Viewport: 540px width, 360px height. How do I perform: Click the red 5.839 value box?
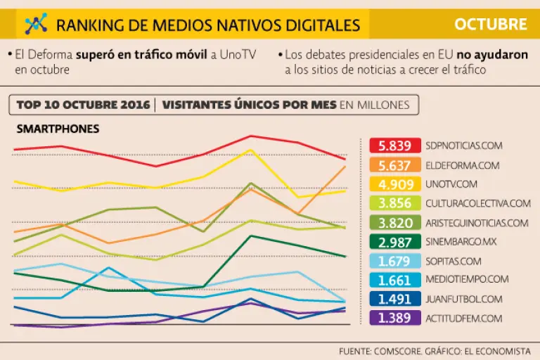(x=395, y=146)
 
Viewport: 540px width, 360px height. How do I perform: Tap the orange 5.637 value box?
(x=395, y=165)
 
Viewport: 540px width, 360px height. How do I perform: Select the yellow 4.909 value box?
(x=395, y=184)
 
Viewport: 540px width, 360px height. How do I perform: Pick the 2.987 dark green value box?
(x=395, y=242)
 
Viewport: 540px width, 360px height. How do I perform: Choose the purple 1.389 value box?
(x=395, y=318)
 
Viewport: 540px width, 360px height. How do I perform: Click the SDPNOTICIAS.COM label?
(x=464, y=146)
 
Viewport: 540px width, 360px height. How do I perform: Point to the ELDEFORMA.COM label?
(x=462, y=165)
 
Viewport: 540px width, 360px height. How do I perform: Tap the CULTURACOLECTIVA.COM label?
(x=477, y=203)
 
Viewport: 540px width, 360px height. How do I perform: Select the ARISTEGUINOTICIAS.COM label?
(x=476, y=223)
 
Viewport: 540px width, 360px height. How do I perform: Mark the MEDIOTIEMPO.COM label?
(x=466, y=280)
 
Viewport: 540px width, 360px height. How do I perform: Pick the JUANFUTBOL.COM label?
(x=463, y=299)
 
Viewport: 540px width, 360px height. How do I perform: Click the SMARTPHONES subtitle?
(x=58, y=129)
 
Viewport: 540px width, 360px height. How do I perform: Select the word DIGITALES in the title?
(x=323, y=26)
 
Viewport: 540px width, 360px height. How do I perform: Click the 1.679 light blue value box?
(x=395, y=261)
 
